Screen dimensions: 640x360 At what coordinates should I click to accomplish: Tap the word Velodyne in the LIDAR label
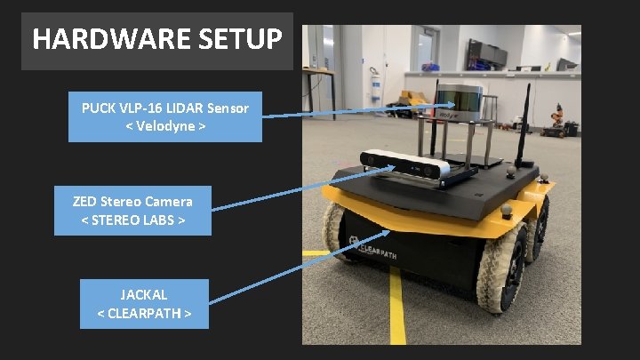pos(165,127)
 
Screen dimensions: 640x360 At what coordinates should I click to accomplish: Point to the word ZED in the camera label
pos(87,201)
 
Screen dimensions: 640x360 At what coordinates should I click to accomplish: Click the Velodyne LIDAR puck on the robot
pos(460,100)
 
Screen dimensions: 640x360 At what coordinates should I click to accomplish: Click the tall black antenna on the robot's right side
pos(525,120)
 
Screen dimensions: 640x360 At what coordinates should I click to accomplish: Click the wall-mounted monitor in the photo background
pos(487,55)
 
